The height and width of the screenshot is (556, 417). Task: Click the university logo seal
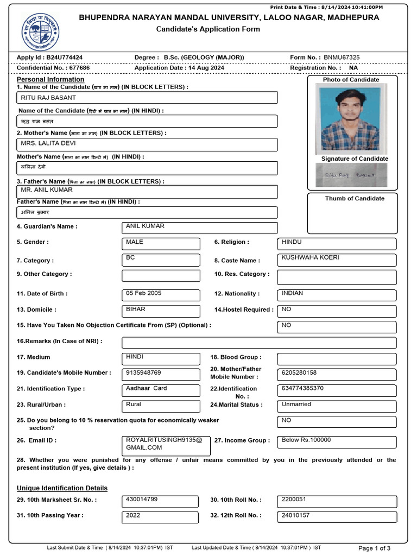coord(40,32)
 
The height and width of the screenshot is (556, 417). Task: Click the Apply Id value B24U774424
coord(64,58)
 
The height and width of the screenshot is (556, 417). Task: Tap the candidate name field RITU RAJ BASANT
coord(147,98)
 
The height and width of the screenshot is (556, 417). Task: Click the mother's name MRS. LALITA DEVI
coord(147,144)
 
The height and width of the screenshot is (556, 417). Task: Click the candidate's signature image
coord(352,175)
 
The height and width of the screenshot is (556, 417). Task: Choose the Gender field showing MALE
coord(161,243)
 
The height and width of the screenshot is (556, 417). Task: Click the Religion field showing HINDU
coord(336,243)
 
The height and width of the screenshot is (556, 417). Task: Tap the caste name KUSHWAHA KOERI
coord(336,260)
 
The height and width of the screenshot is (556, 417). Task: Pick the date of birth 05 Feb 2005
coord(161,295)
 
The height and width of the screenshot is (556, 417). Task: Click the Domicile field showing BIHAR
coord(161,311)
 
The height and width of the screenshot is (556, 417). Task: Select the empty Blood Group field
coord(336,359)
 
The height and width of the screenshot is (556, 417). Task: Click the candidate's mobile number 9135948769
coord(161,375)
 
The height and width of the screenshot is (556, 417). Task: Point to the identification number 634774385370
coord(336,390)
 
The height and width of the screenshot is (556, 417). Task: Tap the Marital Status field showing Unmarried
coord(336,406)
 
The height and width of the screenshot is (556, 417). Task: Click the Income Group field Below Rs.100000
coord(336,441)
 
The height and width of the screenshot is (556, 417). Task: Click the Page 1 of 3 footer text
coord(374,548)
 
